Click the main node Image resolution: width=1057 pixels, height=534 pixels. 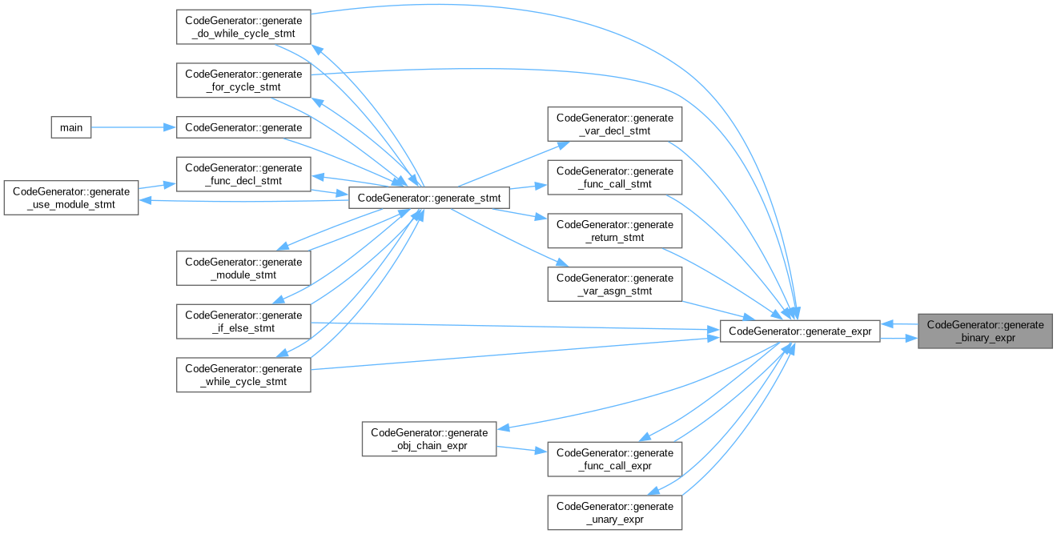pyautogui.click(x=71, y=127)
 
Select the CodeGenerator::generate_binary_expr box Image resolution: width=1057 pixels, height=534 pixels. pyautogui.click(x=985, y=331)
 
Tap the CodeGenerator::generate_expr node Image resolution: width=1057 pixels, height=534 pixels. pyautogui.click(x=801, y=331)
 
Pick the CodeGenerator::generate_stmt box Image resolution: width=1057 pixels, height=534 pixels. pyautogui.click(x=429, y=197)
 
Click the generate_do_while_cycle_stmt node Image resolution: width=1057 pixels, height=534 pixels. pyautogui.click(x=243, y=27)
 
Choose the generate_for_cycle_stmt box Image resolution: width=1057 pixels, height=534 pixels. pyautogui.click(x=243, y=81)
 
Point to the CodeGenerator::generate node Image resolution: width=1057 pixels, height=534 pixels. pyautogui.click(x=243, y=127)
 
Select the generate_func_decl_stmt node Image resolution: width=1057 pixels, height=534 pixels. pyautogui.click(x=243, y=175)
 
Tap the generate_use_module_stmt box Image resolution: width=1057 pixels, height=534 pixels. pyautogui.click(x=71, y=198)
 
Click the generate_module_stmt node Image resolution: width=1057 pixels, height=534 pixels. pyautogui.click(x=243, y=268)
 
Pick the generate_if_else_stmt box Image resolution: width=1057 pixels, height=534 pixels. pyautogui.click(x=243, y=321)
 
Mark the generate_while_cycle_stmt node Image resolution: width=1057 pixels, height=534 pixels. pyautogui.click(x=243, y=375)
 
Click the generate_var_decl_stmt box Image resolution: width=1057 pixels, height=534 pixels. pyautogui.click(x=614, y=124)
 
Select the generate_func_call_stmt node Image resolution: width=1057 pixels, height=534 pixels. pyautogui.click(x=614, y=177)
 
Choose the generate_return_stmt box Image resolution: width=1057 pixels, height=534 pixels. pyautogui.click(x=614, y=231)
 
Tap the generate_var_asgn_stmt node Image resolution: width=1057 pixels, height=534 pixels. pyautogui.click(x=614, y=284)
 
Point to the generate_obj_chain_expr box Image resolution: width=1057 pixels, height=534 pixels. pyautogui.click(x=429, y=439)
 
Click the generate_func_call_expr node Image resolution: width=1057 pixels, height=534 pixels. pyautogui.click(x=614, y=459)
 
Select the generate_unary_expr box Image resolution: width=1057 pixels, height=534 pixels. pyautogui.click(x=614, y=512)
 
